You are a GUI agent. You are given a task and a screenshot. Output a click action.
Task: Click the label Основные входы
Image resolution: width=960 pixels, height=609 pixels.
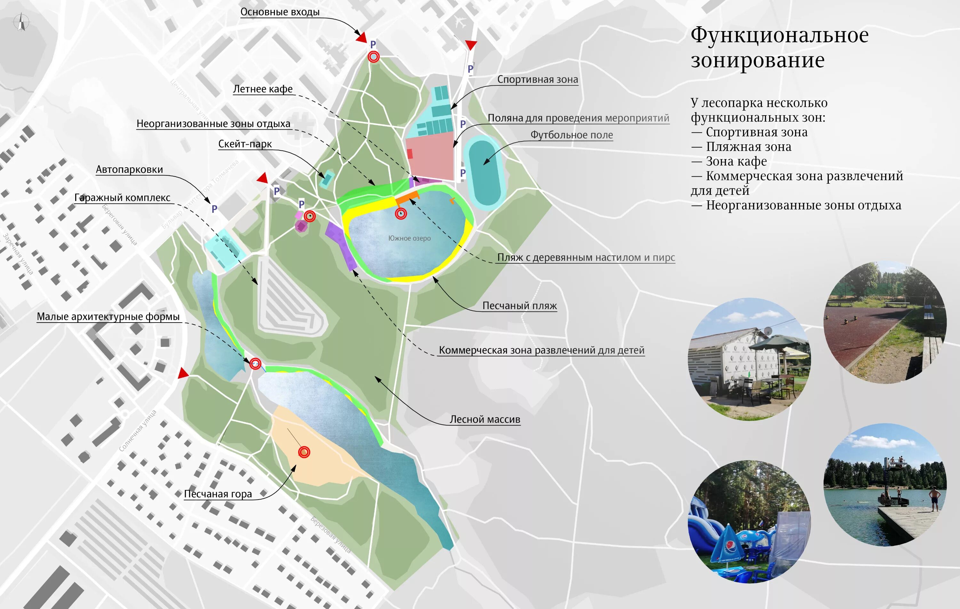pos(280,12)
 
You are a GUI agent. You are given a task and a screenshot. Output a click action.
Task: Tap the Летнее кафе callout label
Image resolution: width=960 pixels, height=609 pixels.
pos(263,89)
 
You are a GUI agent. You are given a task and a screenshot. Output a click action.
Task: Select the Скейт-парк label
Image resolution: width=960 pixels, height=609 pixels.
pos(245,144)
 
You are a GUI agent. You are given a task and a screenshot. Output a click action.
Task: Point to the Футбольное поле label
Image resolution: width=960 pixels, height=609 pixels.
pos(571,135)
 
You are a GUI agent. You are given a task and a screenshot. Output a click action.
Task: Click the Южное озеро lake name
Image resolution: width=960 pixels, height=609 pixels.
pos(409,238)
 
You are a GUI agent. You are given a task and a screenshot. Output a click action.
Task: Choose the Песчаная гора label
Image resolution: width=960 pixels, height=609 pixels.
pos(218,494)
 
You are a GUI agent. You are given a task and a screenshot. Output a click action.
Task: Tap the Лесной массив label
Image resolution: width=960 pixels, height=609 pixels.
pos(485,420)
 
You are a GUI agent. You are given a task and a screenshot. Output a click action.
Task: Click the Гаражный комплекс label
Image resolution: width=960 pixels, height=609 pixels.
pos(122,198)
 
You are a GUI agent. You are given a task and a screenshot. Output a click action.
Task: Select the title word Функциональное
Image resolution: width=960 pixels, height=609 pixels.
pos(780,35)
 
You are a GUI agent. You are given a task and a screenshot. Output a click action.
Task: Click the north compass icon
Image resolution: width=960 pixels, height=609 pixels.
pos(21,22)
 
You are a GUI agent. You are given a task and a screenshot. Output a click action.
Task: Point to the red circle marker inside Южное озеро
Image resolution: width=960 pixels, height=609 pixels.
pos(401,214)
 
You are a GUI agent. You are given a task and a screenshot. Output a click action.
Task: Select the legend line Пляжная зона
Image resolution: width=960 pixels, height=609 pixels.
pos(748,147)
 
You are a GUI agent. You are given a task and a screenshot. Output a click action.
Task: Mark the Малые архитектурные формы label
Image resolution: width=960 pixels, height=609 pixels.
pos(108,317)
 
